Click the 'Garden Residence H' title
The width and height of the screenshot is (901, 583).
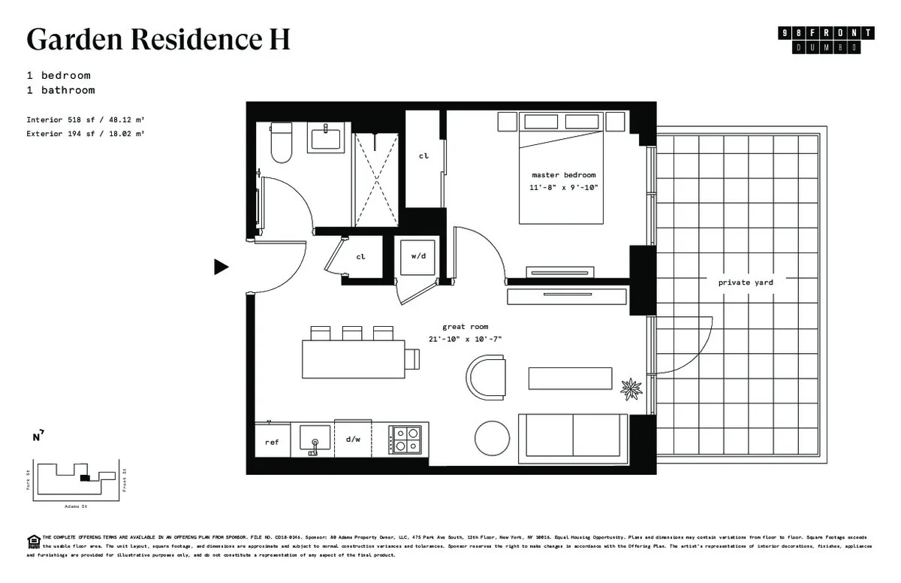pos(158,39)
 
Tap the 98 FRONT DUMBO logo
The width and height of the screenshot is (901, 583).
pos(827,39)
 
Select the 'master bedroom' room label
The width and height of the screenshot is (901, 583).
pos(563,175)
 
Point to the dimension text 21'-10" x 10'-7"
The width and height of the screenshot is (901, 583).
pos(466,339)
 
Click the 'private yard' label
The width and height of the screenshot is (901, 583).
pos(745,282)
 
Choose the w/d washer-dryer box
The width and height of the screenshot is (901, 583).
pos(418,256)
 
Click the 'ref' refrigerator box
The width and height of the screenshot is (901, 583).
pos(272,442)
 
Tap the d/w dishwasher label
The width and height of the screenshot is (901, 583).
pos(354,440)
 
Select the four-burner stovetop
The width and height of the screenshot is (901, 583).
pos(406,439)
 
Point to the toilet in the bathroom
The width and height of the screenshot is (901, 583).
pos(281,145)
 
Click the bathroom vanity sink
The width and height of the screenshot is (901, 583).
pos(324,140)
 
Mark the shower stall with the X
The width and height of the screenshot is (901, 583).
pos(375,173)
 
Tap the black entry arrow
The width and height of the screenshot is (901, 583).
pos(221,267)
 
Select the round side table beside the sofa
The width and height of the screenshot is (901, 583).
pos(493,436)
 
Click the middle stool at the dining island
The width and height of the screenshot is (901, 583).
pos(351,333)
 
